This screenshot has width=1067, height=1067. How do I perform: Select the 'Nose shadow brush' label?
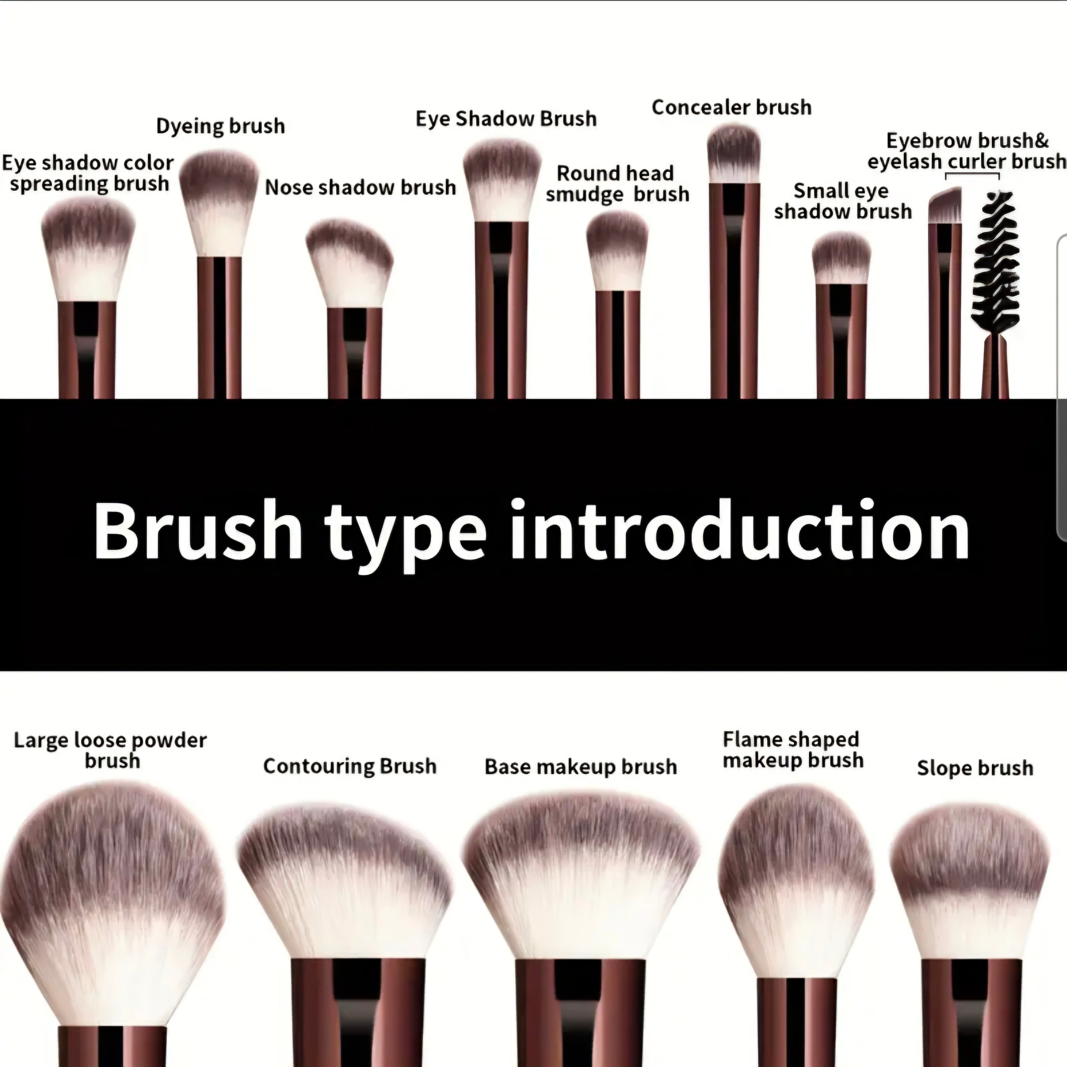tap(361, 187)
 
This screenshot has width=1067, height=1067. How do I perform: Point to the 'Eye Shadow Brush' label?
tap(506, 119)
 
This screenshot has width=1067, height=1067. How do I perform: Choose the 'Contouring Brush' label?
tap(350, 766)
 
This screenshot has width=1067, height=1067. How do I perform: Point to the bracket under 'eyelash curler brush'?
tap(972, 174)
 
